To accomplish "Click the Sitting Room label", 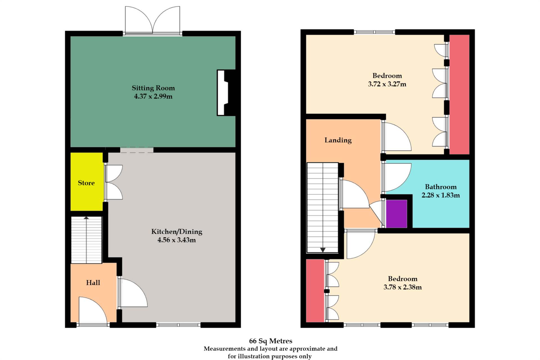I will coord(153,88).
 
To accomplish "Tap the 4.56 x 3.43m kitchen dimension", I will coord(176,240).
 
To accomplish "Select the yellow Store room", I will coord(86,183).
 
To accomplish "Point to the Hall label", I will coord(93,283).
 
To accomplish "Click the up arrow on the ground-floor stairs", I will coord(86,218).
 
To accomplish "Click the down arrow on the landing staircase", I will coord(323,250).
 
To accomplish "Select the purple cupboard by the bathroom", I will coord(396,214).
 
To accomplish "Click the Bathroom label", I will coord(440,187).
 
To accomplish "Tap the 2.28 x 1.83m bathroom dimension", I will coord(440,195).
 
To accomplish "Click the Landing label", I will coord(338,140).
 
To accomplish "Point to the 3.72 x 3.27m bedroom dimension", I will coord(387,84).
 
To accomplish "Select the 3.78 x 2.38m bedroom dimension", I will coord(402,287).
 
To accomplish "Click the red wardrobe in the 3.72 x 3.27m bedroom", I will coord(459,94).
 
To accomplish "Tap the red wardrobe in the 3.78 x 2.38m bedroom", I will coord(315,291).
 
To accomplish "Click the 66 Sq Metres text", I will coord(270,341).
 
